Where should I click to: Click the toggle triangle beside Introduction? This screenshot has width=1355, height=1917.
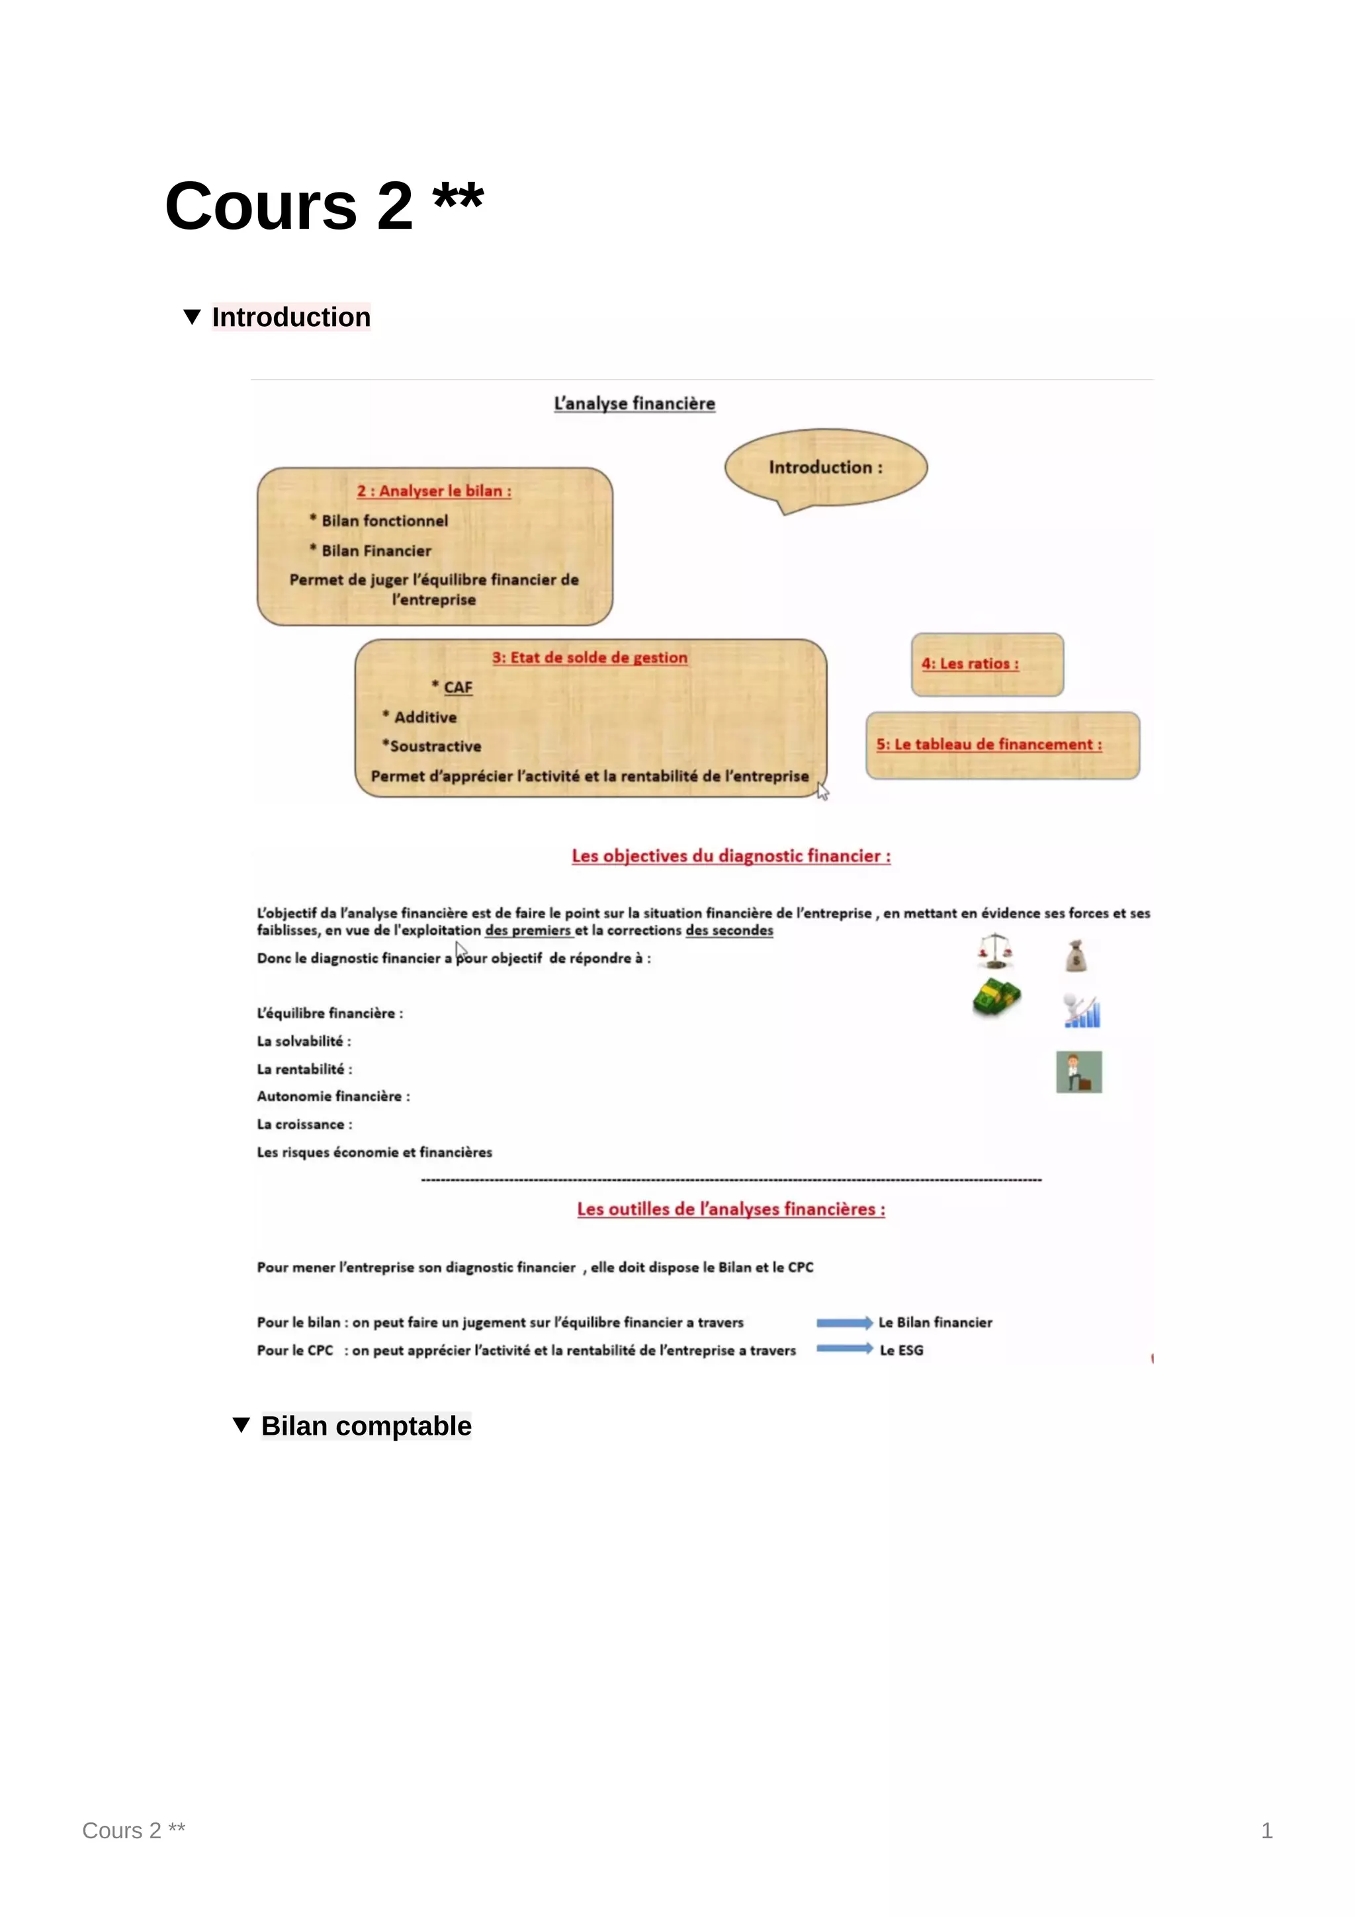click(x=192, y=318)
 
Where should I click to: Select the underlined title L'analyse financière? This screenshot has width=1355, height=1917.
click(x=634, y=404)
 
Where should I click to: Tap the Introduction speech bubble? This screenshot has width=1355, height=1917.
click(x=825, y=468)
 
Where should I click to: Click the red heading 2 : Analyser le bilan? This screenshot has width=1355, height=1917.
click(x=434, y=491)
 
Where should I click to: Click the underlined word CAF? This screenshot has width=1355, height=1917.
click(x=457, y=687)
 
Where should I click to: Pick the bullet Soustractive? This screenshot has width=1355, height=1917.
click(x=434, y=746)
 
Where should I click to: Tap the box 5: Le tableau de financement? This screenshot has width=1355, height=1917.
click(x=1002, y=745)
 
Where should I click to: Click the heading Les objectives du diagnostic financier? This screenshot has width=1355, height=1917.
click(x=730, y=857)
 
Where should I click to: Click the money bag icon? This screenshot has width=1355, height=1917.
click(x=1077, y=956)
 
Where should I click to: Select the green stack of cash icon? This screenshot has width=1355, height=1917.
click(x=997, y=998)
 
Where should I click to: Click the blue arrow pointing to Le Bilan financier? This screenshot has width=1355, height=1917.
click(x=844, y=1322)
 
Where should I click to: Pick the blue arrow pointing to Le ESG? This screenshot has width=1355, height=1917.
click(x=844, y=1348)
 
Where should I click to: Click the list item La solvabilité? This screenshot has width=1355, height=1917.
click(x=304, y=1041)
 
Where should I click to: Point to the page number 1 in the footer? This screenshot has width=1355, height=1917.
click(x=1266, y=1830)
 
